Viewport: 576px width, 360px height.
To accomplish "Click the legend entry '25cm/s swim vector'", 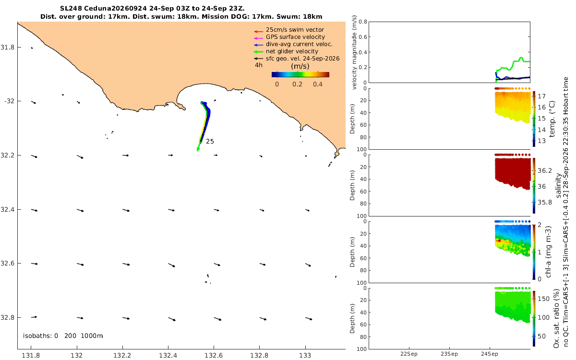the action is click(295, 30).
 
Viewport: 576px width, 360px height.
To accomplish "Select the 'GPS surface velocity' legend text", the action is click(295, 37).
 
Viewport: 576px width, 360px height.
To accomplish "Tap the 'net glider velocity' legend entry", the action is click(292, 51).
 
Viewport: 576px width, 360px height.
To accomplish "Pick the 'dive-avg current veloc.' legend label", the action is click(299, 44).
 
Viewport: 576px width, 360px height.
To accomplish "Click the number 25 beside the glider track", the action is click(210, 142).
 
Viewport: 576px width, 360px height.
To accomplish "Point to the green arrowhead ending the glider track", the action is click(198, 149).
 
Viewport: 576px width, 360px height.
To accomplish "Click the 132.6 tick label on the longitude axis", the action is click(214, 355).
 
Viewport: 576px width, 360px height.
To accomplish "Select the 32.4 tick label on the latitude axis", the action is click(7, 210).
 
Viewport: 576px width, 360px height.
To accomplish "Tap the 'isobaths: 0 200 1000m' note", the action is click(63, 336).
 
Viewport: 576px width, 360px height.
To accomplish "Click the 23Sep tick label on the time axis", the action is click(449, 354).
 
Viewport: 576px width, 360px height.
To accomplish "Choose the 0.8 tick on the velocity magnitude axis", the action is click(363, 22).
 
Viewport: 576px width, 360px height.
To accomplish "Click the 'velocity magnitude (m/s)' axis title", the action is click(354, 52).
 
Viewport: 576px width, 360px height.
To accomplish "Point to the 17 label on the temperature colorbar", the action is click(541, 96).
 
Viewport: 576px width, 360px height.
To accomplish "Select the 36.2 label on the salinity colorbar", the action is click(545, 171).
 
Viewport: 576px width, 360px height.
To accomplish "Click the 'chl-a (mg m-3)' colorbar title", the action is click(548, 252).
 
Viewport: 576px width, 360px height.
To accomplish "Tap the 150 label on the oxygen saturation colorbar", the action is click(543, 299).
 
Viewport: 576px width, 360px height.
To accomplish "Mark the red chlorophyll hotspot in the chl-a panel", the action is click(499, 240).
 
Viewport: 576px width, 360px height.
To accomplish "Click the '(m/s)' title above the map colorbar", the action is click(300, 66).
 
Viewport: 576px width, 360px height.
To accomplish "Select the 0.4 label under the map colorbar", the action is click(318, 84).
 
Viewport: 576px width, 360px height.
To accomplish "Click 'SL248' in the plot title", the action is click(71, 9).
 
